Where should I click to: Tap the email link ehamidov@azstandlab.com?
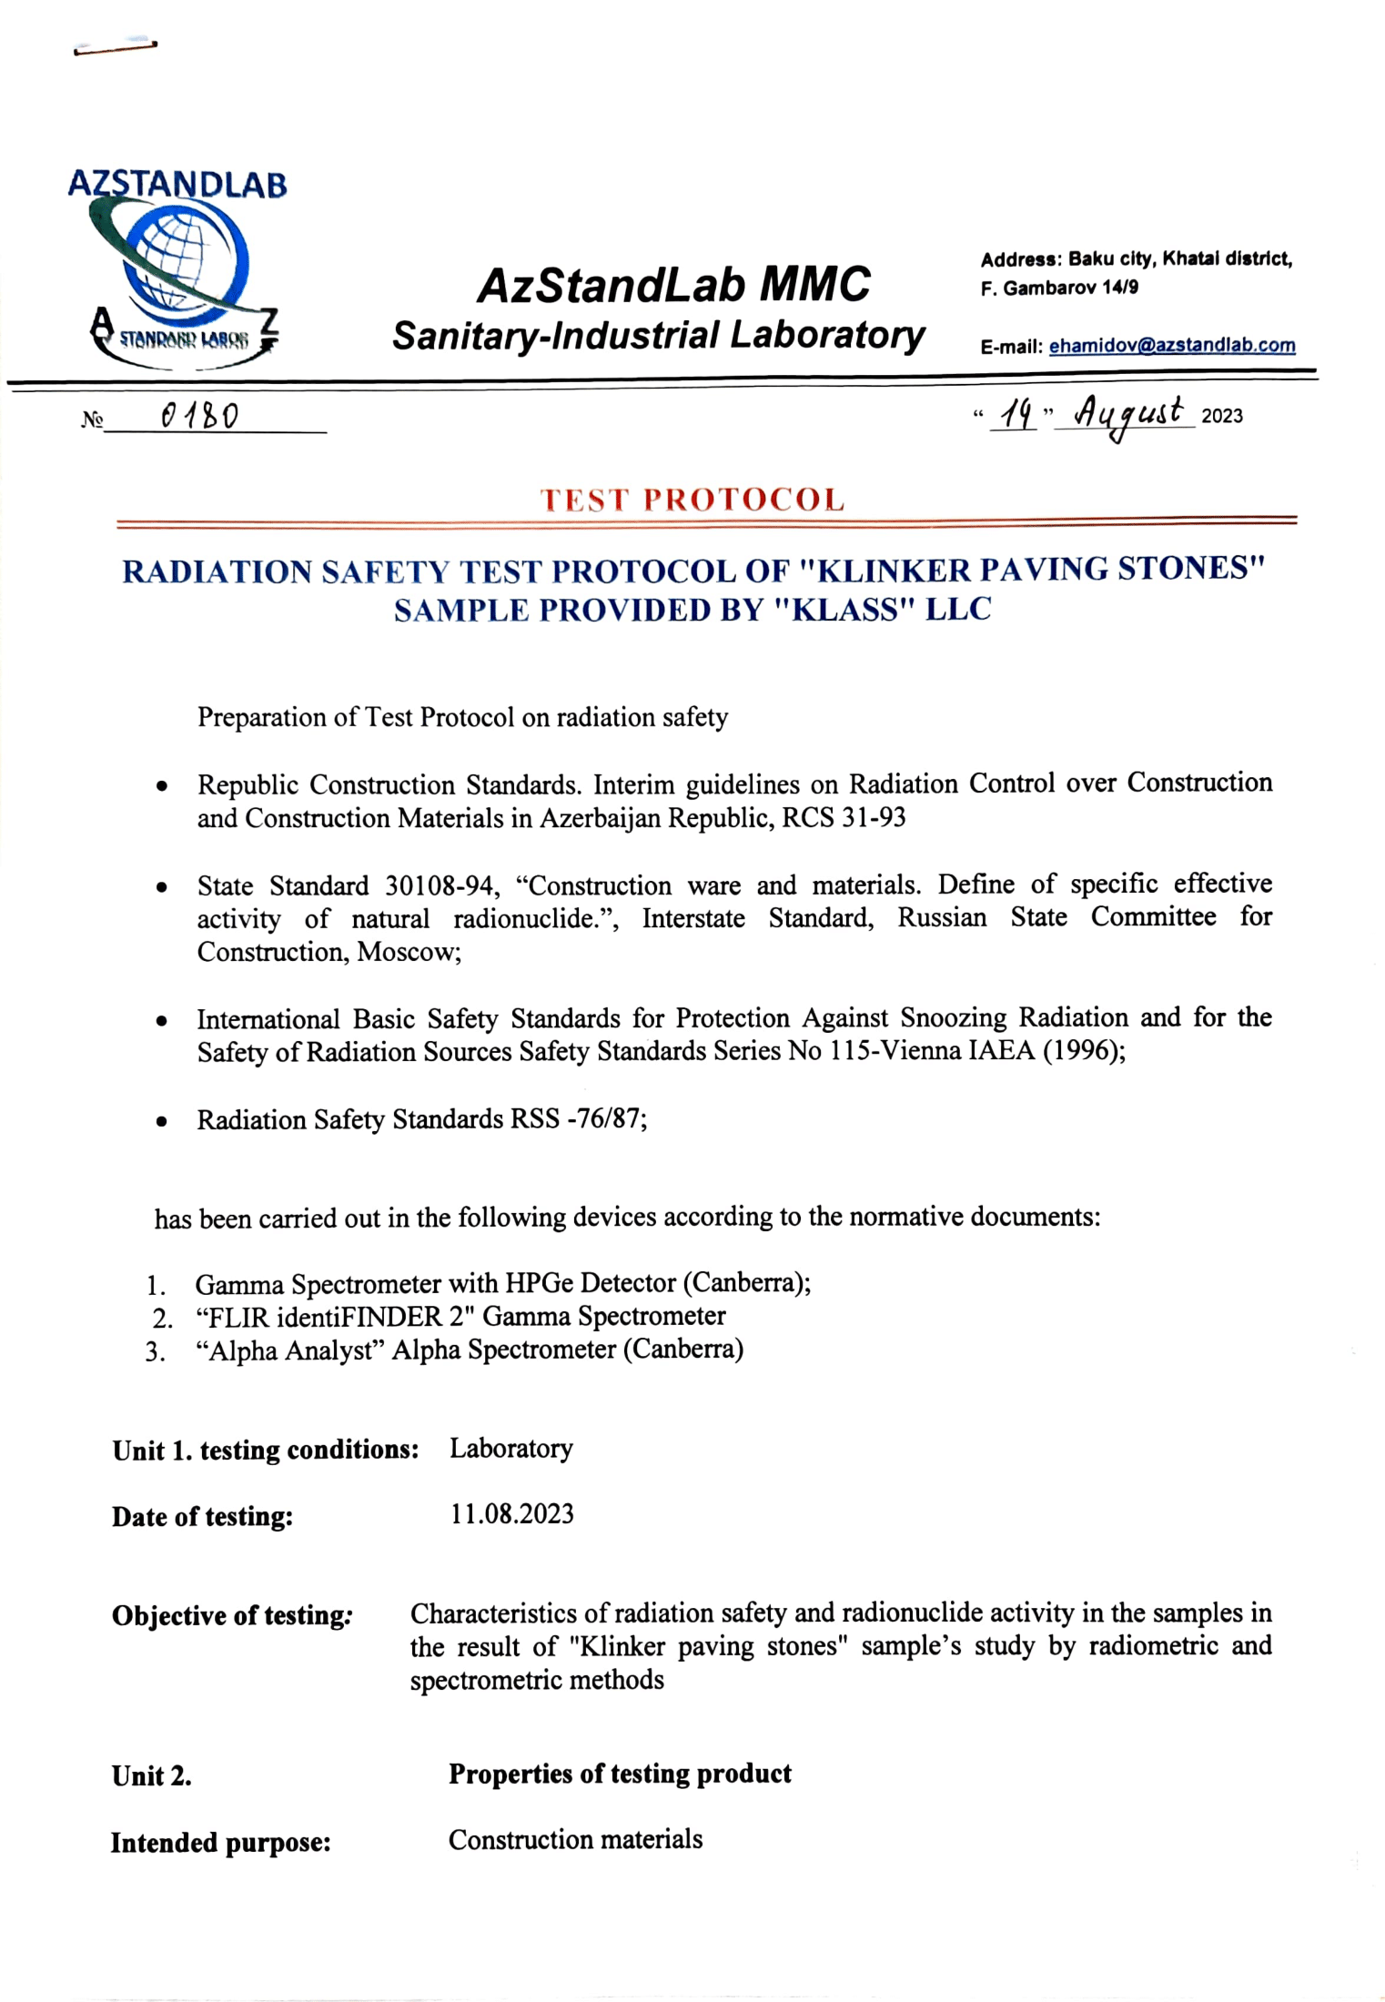pos(1171,346)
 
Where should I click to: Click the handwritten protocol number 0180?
pos(199,417)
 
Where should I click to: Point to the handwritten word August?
pos(1128,415)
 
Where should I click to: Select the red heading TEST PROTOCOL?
pos(692,500)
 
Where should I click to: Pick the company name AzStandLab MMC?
pos(673,285)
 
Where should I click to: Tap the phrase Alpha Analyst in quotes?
pos(292,1350)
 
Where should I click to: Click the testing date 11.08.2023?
pos(511,1513)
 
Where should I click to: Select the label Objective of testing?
pos(231,1615)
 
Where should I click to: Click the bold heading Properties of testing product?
pos(620,1773)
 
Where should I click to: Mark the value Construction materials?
pos(575,1839)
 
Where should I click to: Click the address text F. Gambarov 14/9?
pos(1059,288)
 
